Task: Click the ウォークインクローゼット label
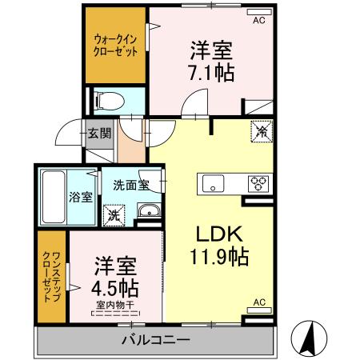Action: click(x=115, y=45)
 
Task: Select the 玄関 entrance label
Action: click(x=100, y=133)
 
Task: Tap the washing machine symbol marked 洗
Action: click(x=113, y=214)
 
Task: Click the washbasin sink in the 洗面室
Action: click(x=148, y=212)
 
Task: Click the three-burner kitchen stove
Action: click(x=258, y=182)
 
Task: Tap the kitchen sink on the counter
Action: click(x=214, y=182)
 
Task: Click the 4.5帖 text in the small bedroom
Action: click(x=116, y=286)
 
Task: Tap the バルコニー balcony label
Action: click(x=156, y=340)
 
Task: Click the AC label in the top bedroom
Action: click(x=259, y=21)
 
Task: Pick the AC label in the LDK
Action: click(x=259, y=302)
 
